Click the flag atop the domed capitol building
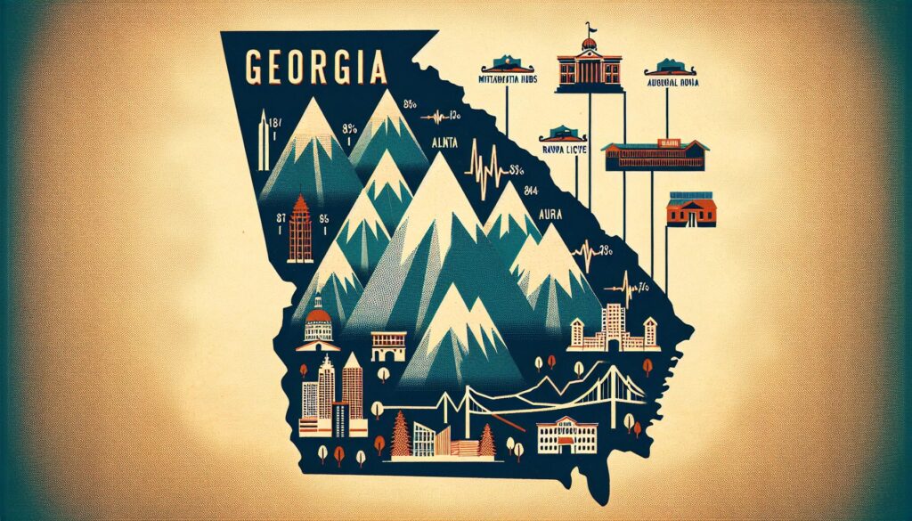point(589,29)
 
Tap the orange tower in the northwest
point(301,229)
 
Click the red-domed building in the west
point(318,321)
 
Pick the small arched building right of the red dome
point(388,343)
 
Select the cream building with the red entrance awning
point(566,434)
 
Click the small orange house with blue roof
point(690,211)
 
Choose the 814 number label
point(533,188)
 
